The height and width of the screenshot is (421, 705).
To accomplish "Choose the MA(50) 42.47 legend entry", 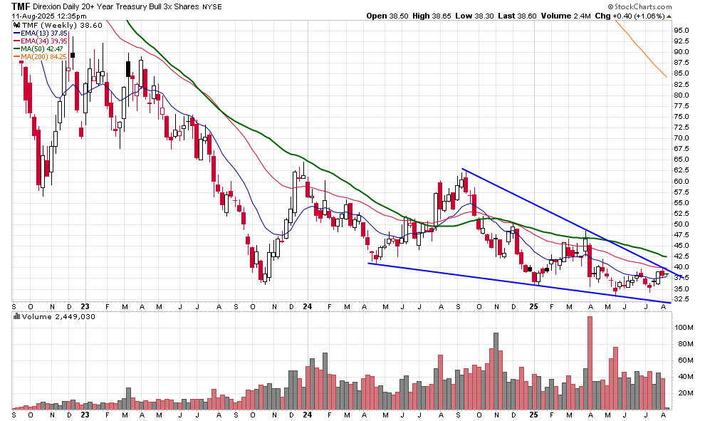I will (x=43, y=48).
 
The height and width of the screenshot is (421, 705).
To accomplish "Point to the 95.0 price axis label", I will (x=682, y=30).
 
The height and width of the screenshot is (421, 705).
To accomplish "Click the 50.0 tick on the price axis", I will (x=682, y=224).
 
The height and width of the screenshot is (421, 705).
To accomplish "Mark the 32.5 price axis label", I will (x=682, y=299).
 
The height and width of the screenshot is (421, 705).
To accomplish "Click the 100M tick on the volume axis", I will (x=685, y=328).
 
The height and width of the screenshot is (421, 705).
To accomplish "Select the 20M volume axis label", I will (x=684, y=393).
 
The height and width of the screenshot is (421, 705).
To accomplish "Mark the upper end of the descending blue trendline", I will (x=462, y=169).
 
